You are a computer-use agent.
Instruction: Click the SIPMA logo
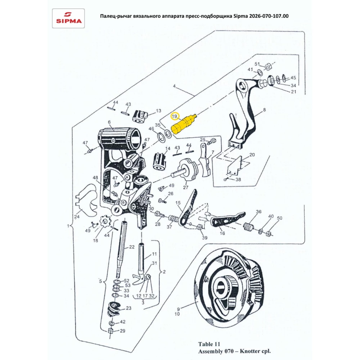pos(68,18)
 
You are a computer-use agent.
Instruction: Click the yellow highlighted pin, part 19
pos(183,125)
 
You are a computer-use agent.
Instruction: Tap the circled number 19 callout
pos(175,117)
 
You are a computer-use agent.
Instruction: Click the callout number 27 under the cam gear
pos(185,188)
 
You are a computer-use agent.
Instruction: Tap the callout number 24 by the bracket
pos(77,217)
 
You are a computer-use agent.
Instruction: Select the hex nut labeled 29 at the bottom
pos(111,331)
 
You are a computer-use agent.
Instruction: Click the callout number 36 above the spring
pos(258,212)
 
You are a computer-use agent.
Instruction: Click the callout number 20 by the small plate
pos(252,154)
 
